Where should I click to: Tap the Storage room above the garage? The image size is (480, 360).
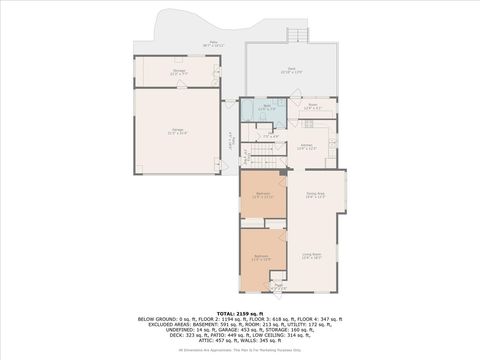179,72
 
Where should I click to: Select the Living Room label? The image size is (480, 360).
312,256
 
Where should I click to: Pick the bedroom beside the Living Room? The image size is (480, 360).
262,257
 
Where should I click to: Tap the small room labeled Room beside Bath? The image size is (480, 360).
312,105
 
